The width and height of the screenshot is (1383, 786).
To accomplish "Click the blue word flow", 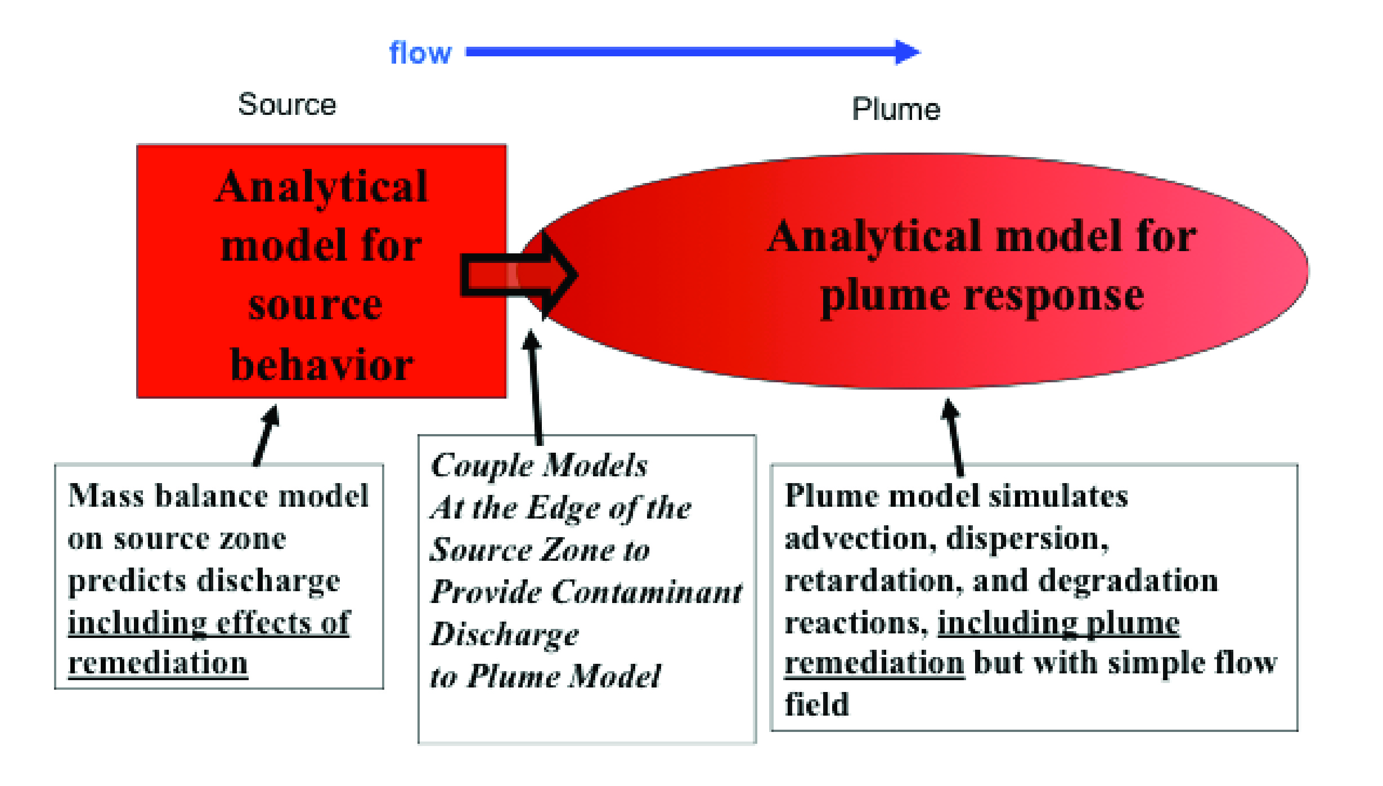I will point(420,53).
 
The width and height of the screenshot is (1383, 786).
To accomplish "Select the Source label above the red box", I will point(287,104).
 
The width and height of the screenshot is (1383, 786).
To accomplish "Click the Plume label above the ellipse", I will point(896,109).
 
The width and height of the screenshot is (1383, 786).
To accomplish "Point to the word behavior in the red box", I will point(322,365).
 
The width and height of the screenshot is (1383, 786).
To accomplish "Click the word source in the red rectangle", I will point(315,305).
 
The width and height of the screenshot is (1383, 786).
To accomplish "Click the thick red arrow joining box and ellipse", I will point(518,275).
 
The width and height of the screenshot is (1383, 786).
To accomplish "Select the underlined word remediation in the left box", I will point(158,663).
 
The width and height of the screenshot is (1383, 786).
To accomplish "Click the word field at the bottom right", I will point(817,704).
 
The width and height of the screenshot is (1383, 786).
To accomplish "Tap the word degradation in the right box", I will point(1128,580).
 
